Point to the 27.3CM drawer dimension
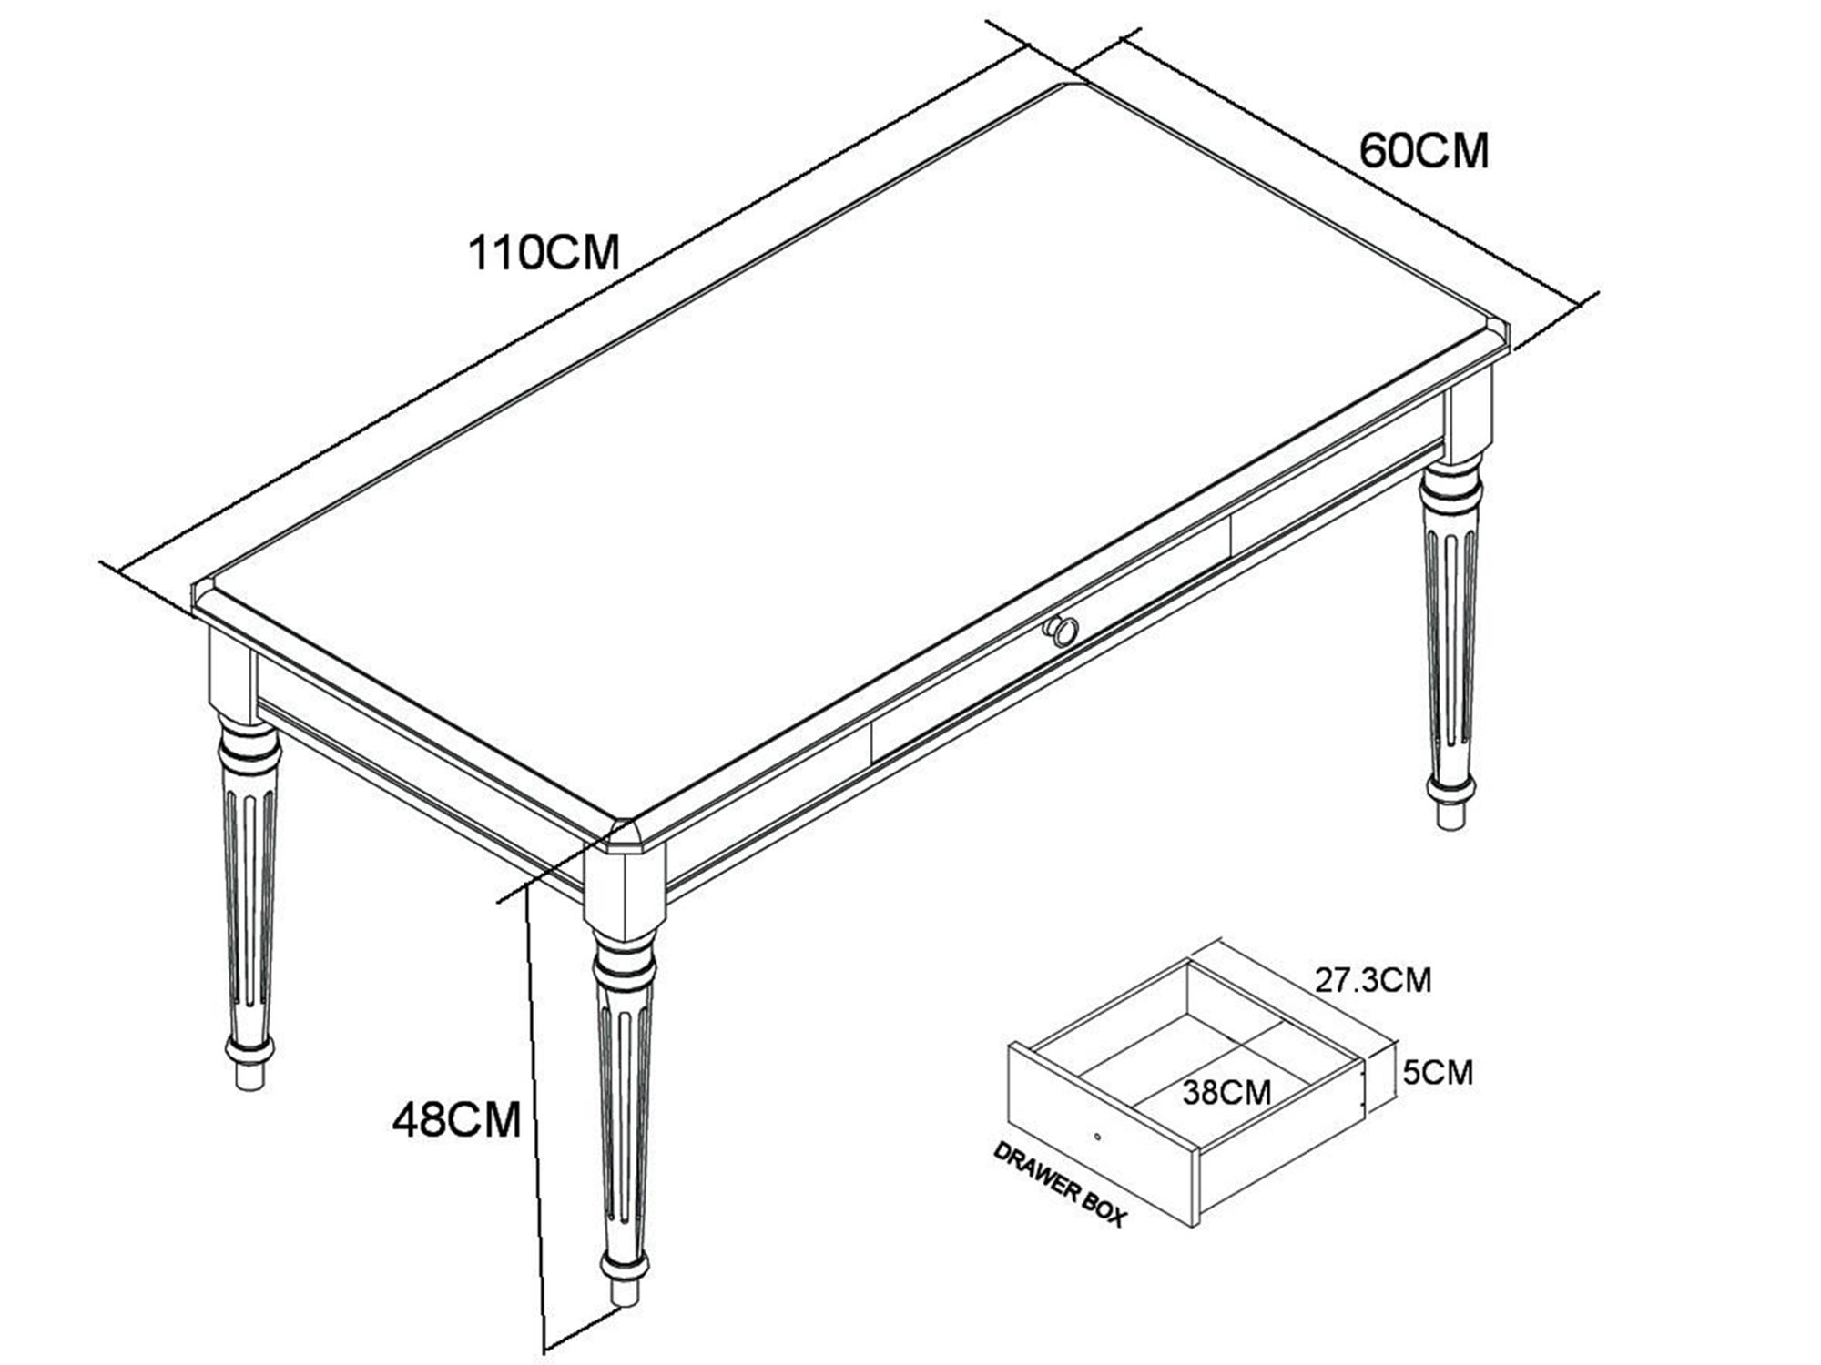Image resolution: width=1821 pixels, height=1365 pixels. (1373, 980)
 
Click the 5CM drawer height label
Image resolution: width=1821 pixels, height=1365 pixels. (1438, 1073)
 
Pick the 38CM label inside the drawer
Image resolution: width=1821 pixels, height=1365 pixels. (1226, 1092)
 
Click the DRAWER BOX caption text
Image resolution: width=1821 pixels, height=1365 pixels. (1059, 1183)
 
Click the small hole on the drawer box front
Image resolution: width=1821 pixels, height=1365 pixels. (1098, 1137)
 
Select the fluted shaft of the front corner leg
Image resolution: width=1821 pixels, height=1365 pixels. (624, 1119)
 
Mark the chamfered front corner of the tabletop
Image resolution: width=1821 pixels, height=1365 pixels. (629, 835)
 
